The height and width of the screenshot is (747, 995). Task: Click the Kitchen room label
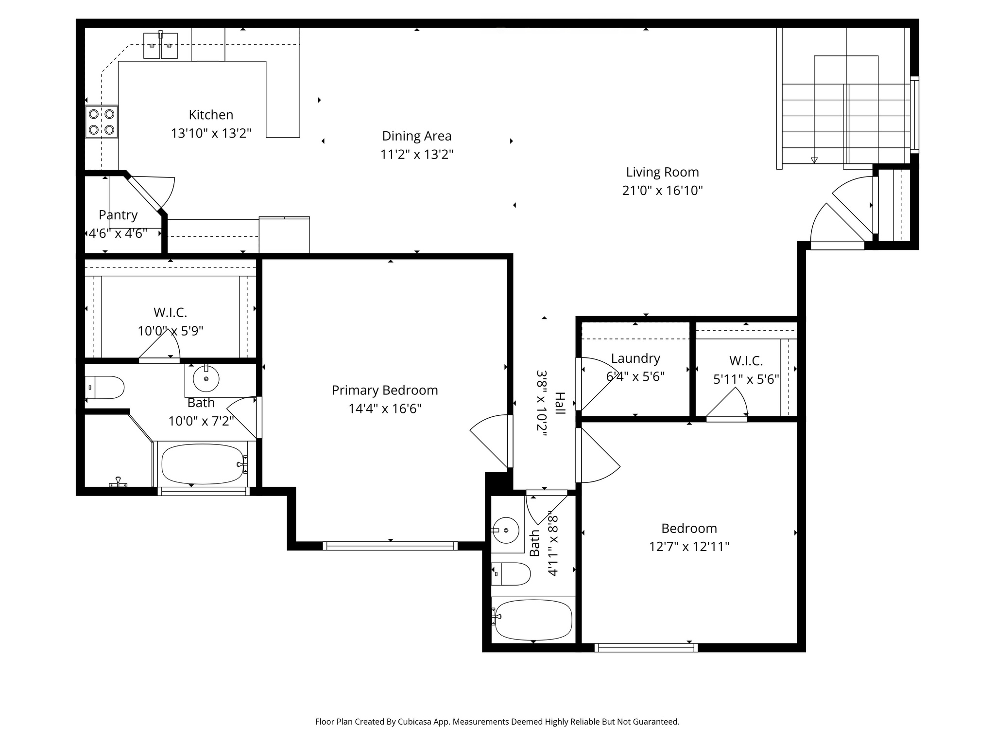211,115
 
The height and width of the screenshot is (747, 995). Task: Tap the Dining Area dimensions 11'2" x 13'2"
417,155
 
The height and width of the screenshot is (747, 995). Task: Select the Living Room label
662,172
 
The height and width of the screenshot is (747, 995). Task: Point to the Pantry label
118,215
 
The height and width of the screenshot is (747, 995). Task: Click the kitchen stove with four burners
102,122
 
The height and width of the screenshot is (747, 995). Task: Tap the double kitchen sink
160,46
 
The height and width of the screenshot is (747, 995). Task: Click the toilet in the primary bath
104,388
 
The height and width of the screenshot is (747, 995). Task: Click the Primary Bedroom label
385,391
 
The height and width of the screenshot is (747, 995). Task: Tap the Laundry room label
635,358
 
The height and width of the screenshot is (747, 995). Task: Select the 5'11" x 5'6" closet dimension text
746,379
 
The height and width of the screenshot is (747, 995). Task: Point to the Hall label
560,403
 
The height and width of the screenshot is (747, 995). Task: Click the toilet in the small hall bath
511,574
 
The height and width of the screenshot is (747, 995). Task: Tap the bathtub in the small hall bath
532,620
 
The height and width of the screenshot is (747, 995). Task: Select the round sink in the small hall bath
506,530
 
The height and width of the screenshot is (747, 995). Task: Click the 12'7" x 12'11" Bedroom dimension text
689,547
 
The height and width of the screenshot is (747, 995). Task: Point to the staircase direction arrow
814,160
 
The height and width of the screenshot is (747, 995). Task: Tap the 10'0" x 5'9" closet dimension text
171,331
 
